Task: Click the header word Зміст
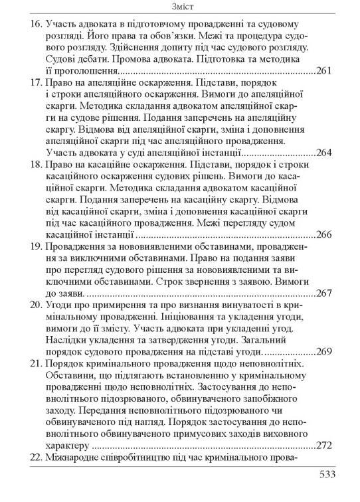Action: click(180, 7)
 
